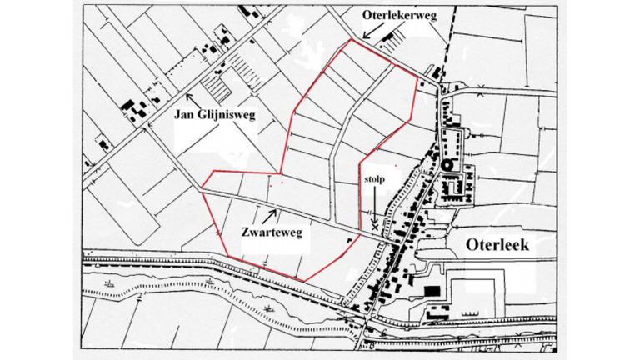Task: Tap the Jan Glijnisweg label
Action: pos(215,112)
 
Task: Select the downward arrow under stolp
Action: pos(376,204)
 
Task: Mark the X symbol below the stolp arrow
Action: pos(375,225)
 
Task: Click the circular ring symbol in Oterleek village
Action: pos(447,165)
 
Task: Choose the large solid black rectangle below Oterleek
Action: pos(431,289)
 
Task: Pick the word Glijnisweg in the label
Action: pos(228,112)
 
